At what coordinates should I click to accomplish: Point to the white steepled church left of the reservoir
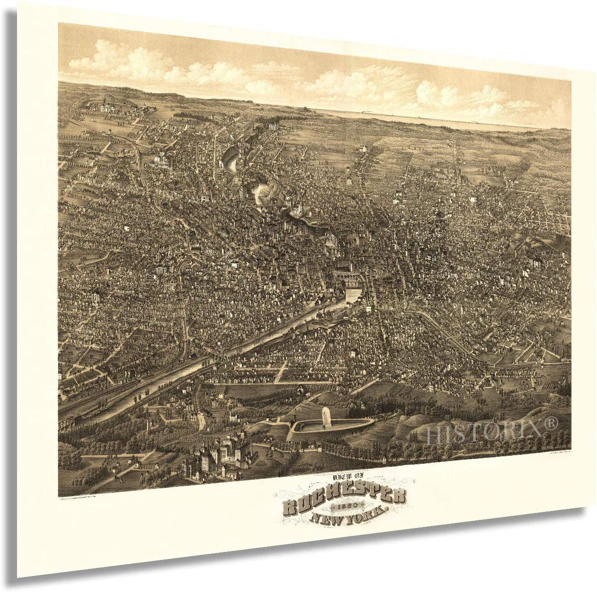231,417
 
